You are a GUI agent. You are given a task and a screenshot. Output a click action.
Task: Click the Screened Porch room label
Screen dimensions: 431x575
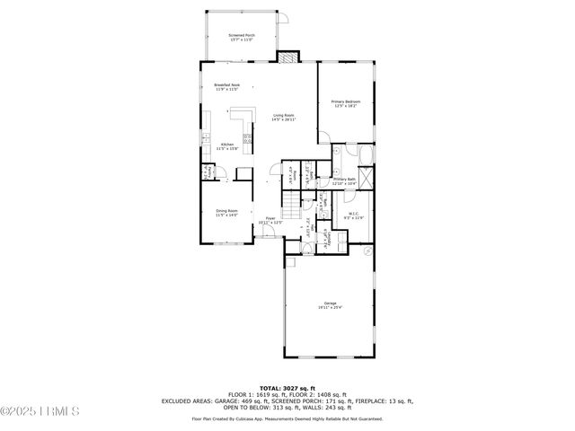click(242, 38)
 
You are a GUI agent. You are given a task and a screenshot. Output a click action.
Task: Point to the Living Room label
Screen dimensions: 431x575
click(285, 117)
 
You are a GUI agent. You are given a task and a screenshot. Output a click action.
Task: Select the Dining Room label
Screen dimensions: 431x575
click(226, 213)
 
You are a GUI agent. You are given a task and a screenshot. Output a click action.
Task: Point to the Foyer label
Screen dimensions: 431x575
click(270, 221)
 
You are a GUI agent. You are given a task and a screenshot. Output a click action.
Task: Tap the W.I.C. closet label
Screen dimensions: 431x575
click(353, 215)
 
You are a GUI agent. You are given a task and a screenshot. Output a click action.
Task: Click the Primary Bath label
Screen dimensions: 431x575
click(345, 182)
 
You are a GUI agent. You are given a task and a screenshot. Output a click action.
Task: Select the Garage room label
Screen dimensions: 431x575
click(331, 305)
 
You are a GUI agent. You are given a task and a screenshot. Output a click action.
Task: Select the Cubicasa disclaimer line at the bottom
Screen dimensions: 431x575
click(287, 418)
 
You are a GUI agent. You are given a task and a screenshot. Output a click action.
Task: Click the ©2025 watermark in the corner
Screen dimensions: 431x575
click(40, 411)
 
